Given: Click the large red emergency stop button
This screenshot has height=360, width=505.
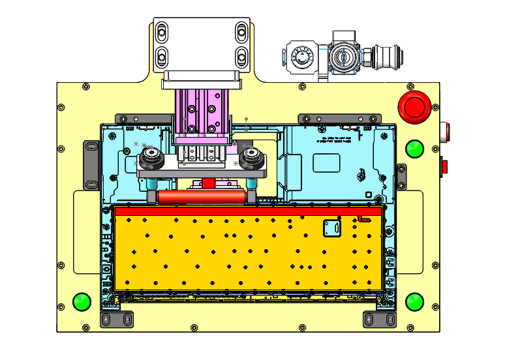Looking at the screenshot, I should pyautogui.click(x=415, y=106).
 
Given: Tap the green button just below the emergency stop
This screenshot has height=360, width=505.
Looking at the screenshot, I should pyautogui.click(x=414, y=149).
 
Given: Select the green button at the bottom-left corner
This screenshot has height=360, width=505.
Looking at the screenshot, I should pyautogui.click(x=82, y=302).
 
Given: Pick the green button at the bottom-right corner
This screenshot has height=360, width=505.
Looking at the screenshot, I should pyautogui.click(x=414, y=302).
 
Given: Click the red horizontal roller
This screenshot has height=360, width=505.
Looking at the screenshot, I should pyautogui.click(x=202, y=196).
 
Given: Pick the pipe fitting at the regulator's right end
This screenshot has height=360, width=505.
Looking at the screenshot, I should pyautogui.click(x=380, y=57).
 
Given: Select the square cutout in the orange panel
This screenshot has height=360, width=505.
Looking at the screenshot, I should pyautogui.click(x=333, y=228).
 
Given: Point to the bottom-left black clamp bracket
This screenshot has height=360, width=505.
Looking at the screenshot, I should pyautogui.click(x=116, y=320).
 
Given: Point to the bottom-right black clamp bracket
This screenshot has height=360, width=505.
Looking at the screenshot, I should pyautogui.click(x=379, y=320).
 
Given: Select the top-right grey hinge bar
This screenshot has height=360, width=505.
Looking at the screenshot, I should pyautogui.click(x=339, y=118).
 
